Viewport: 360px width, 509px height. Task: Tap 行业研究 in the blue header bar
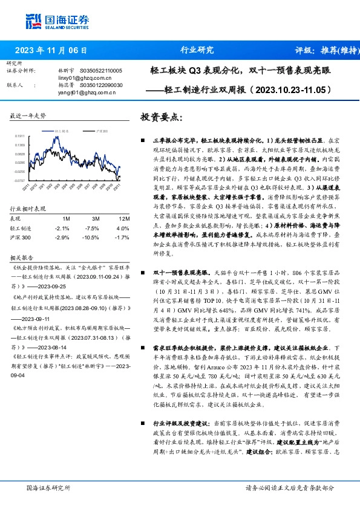point(197,50)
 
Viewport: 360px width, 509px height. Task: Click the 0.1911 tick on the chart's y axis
point(20,136)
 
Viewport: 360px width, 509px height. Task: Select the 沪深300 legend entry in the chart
point(102,130)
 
